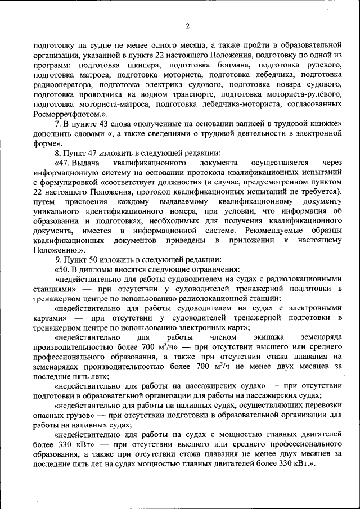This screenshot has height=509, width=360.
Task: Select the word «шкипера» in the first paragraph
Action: (136, 65)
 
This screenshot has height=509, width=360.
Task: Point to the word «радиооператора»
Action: (62, 84)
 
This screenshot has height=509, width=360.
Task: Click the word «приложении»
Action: (250, 241)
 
